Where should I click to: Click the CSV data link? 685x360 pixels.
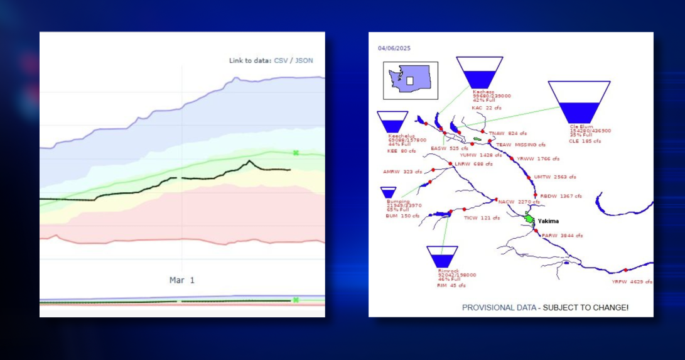tap(281, 60)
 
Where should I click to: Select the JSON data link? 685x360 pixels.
tap(304, 60)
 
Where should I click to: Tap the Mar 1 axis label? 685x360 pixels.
tap(182, 280)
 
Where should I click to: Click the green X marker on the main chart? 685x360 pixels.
tap(295, 153)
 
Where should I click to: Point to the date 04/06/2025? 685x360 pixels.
tap(394, 48)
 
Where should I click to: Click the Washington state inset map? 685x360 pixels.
tap(411, 80)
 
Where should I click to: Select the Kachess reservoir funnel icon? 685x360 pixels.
tap(480, 72)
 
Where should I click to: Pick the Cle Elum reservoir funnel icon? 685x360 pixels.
tap(579, 101)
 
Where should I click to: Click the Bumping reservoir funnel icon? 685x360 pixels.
tap(389, 192)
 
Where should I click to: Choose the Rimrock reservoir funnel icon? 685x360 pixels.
tap(442, 256)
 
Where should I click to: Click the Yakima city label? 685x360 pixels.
tap(547, 221)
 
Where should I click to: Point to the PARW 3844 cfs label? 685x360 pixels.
tap(558, 236)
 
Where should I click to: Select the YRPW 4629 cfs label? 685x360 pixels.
tap(632, 282)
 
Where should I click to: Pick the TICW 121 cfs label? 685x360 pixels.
tap(482, 218)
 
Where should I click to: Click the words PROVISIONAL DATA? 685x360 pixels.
tap(499, 308)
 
